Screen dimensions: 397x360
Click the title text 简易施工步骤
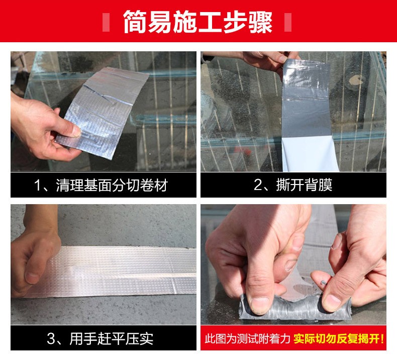click(197, 22)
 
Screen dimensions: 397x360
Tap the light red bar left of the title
click(106, 22)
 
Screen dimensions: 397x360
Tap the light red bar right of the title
click(288, 22)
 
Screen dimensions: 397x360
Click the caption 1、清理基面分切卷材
click(101, 185)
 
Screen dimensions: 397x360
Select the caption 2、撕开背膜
click(293, 185)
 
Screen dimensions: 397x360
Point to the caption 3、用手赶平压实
click(101, 338)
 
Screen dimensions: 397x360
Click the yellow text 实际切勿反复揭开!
click(339, 338)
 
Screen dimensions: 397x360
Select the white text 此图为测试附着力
click(247, 338)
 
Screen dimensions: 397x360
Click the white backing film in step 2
click(310, 153)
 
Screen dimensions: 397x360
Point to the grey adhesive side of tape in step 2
click(307, 99)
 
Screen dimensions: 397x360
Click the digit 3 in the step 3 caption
click(51, 339)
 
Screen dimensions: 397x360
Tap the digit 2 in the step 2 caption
click(258, 185)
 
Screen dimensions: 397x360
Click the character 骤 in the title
click(260, 22)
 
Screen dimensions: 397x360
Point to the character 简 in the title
click(135, 22)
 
